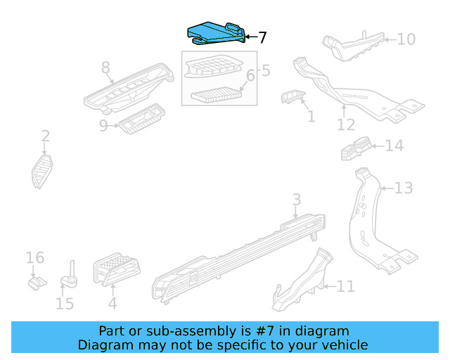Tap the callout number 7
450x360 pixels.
pyautogui.click(x=262, y=38)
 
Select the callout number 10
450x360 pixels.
pyautogui.click(x=406, y=39)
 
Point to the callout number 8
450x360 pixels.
pyautogui.click(x=105, y=68)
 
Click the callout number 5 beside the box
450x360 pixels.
pyautogui.click(x=265, y=70)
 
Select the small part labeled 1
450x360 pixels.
pyautogui.click(x=291, y=98)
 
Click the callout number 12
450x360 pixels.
pyautogui.click(x=345, y=125)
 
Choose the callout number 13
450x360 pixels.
pyautogui.click(x=403, y=188)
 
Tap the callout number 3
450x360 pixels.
pyautogui.click(x=296, y=199)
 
